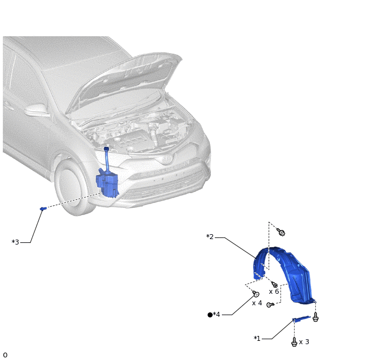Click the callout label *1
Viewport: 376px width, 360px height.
click(257, 339)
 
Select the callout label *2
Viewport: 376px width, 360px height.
click(210, 237)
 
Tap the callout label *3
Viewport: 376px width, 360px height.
click(15, 242)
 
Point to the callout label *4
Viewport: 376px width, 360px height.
click(216, 315)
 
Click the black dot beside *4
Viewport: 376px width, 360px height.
click(210, 315)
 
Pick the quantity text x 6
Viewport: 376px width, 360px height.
click(274, 292)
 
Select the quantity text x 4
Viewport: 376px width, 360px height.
click(257, 303)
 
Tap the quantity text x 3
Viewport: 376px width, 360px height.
click(304, 341)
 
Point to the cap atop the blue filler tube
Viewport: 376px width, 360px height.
click(106, 149)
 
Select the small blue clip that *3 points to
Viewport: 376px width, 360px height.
click(43, 208)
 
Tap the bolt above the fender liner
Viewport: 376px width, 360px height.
click(281, 232)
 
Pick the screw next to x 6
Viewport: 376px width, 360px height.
click(274, 284)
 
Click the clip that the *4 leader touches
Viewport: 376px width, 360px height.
click(256, 293)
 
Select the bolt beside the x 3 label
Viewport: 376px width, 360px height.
click(294, 342)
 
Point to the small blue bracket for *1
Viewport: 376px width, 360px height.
click(301, 319)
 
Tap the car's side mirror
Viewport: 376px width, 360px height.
click(37, 110)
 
